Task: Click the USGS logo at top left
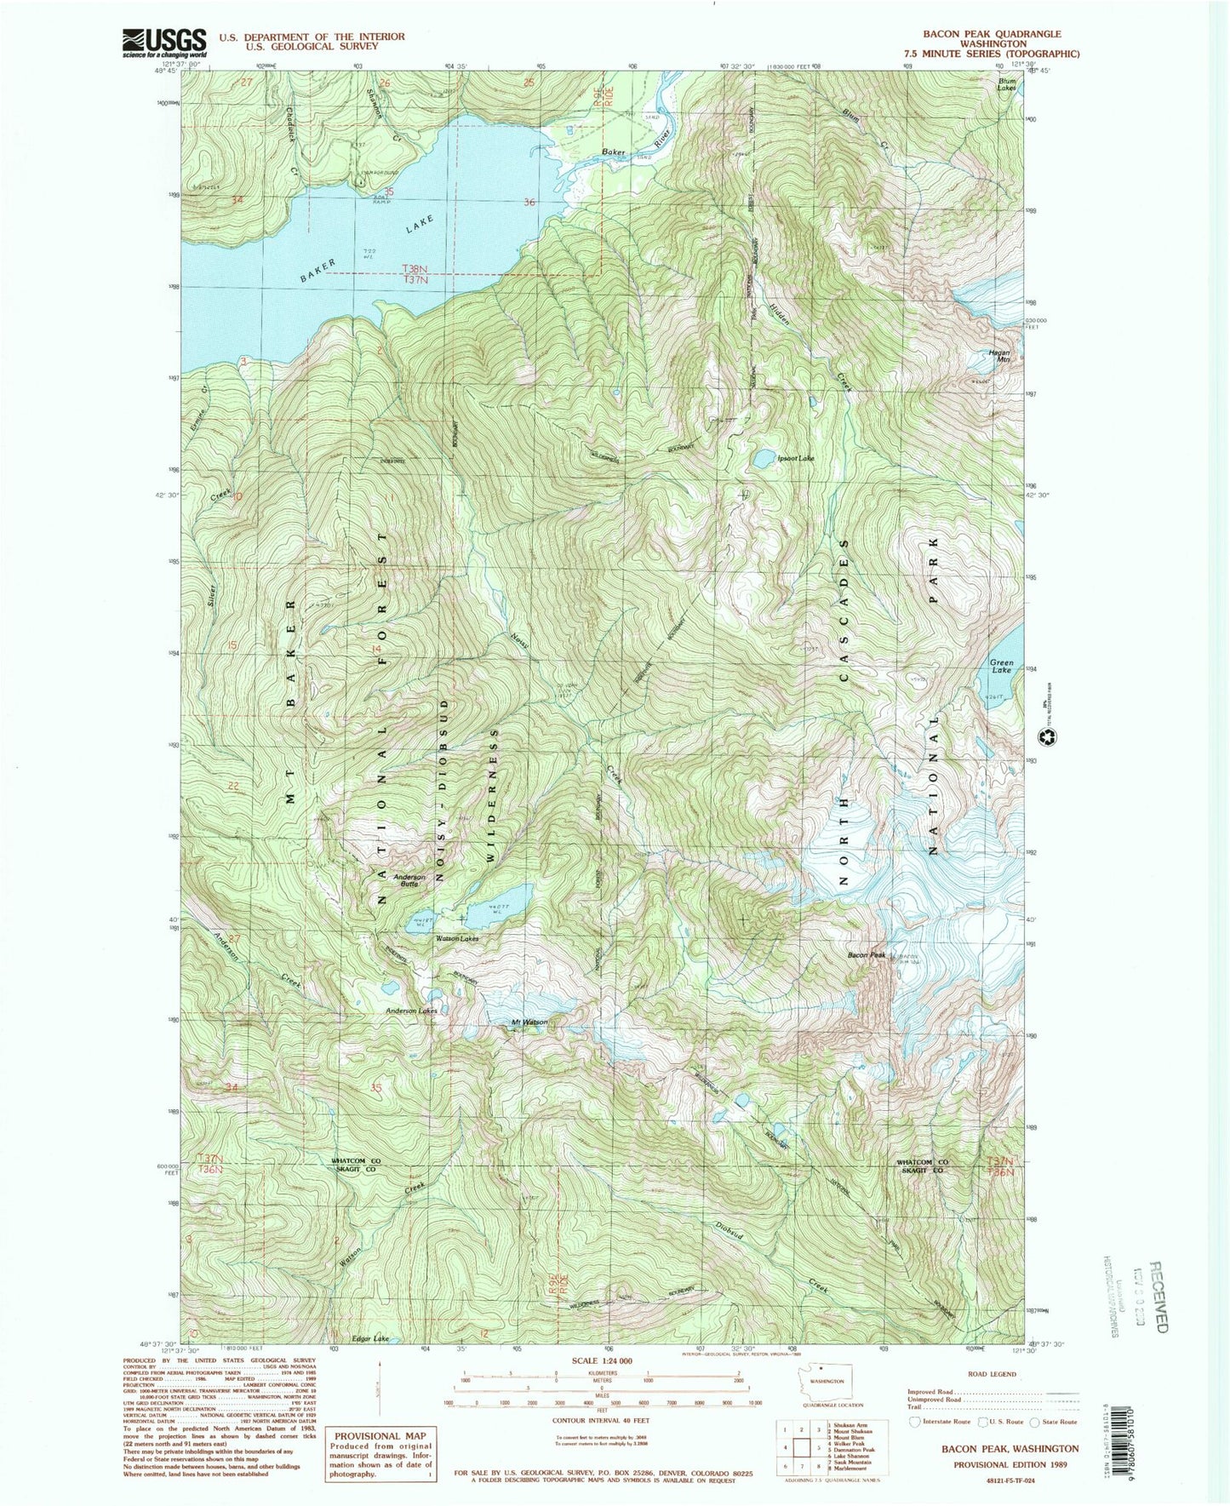pyautogui.click(x=165, y=42)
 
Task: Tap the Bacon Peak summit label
pyautogui.click(x=866, y=955)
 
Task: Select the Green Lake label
pyautogui.click(x=1001, y=666)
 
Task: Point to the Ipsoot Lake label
pyautogui.click(x=796, y=458)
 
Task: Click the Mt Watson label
pyautogui.click(x=529, y=1022)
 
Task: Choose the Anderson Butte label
pyautogui.click(x=409, y=880)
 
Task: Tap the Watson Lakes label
pyautogui.click(x=457, y=938)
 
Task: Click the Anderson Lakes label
pyautogui.click(x=411, y=1011)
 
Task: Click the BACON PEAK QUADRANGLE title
pyautogui.click(x=992, y=34)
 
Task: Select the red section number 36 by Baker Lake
pyautogui.click(x=530, y=203)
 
